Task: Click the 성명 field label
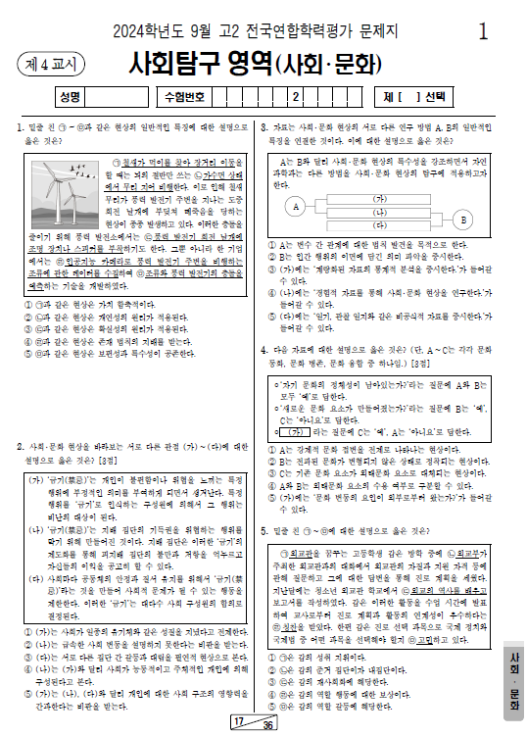coord(70,96)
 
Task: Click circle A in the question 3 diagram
coord(295,207)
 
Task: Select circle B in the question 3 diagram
coord(462,220)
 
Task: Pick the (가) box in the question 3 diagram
coord(379,198)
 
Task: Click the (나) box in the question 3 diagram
coord(379,212)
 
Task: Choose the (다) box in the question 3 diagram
coord(379,226)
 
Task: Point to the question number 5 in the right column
coord(264,530)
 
